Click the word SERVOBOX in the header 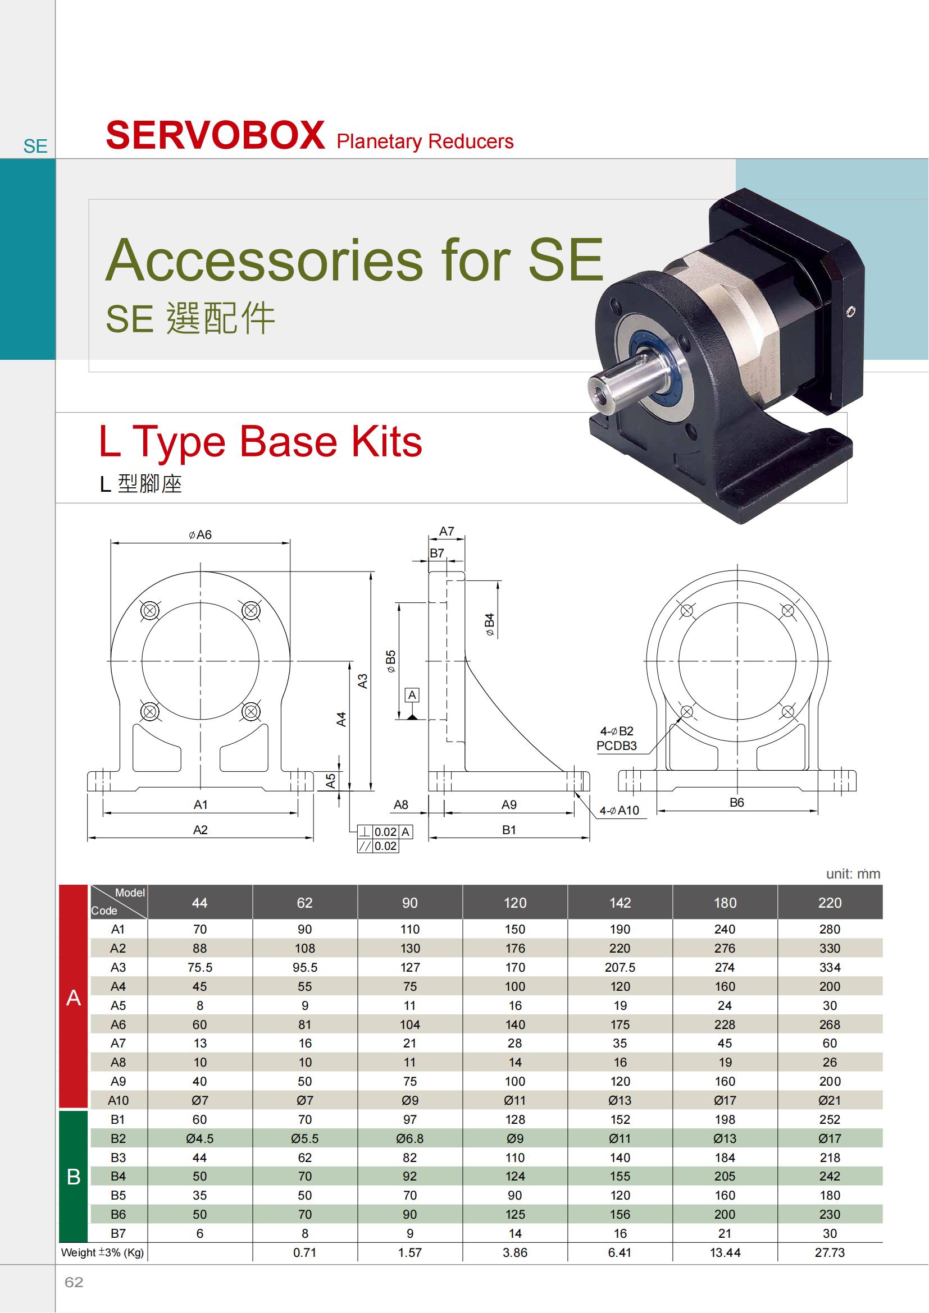coord(215,135)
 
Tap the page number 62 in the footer coord(74,1282)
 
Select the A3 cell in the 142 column coord(620,967)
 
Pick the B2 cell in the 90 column coord(409,1138)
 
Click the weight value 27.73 coord(830,1252)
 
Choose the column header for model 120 coord(515,903)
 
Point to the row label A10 coord(119,1100)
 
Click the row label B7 coord(119,1233)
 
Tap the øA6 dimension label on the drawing coord(199,535)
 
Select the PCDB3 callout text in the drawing coord(617,745)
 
